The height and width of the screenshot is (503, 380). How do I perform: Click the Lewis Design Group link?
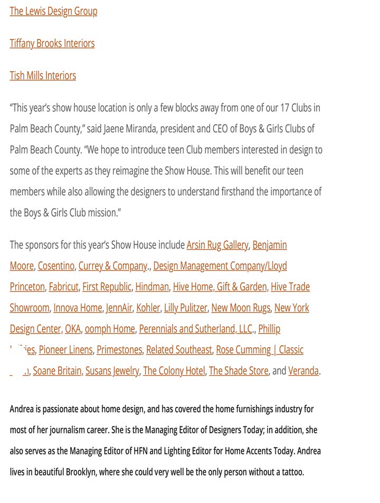[x=53, y=11]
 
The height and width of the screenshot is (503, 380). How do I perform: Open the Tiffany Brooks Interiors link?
[x=52, y=43]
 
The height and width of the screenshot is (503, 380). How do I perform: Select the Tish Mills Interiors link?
[x=43, y=75]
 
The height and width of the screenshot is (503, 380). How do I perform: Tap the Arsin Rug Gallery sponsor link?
[x=217, y=245]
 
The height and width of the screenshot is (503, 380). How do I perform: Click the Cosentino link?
[x=56, y=266]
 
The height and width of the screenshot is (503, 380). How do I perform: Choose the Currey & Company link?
[x=113, y=266]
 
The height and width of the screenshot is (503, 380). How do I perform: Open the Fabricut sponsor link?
[x=63, y=287]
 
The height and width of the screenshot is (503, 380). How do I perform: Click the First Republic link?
[x=107, y=287]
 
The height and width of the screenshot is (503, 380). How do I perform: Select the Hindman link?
[x=152, y=287]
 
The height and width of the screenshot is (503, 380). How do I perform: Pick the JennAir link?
[x=119, y=308]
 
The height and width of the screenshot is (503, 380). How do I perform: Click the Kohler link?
[x=148, y=308]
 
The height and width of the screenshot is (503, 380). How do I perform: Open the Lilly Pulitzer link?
[x=185, y=308]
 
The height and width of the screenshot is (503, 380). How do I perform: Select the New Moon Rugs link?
[x=241, y=308]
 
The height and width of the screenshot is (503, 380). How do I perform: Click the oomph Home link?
[x=110, y=329]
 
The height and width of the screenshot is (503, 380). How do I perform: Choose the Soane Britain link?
[x=57, y=371]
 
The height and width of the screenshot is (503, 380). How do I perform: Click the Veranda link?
[x=303, y=371]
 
